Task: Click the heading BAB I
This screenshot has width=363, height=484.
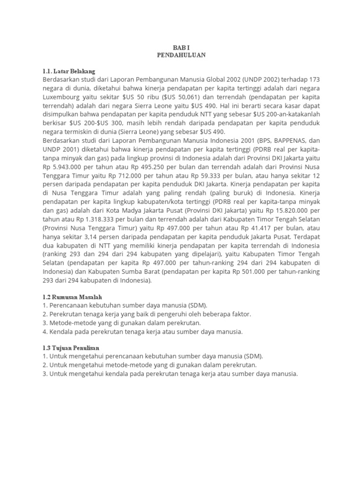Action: tap(181, 47)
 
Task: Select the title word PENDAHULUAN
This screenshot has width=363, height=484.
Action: tap(181, 55)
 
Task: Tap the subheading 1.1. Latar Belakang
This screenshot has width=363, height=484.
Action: tap(69, 71)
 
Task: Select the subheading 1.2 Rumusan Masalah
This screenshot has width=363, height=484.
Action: tap(72, 296)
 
